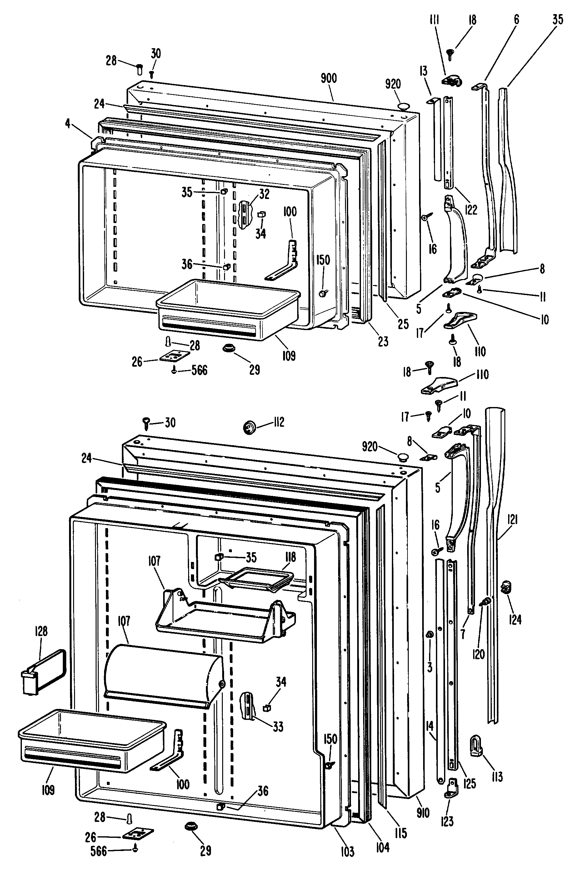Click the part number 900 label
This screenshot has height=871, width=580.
click(328, 79)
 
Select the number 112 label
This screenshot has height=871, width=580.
click(279, 422)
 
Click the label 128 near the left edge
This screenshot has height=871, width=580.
click(41, 631)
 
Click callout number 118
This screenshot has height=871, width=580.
click(290, 557)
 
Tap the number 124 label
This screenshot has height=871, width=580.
click(515, 619)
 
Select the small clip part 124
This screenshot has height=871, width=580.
click(506, 587)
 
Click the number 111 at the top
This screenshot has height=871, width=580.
click(434, 20)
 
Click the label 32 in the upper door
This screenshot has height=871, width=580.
click(264, 194)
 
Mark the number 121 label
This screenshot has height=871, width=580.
click(512, 520)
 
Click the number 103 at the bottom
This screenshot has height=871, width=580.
click(347, 851)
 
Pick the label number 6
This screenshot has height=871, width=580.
click(516, 19)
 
